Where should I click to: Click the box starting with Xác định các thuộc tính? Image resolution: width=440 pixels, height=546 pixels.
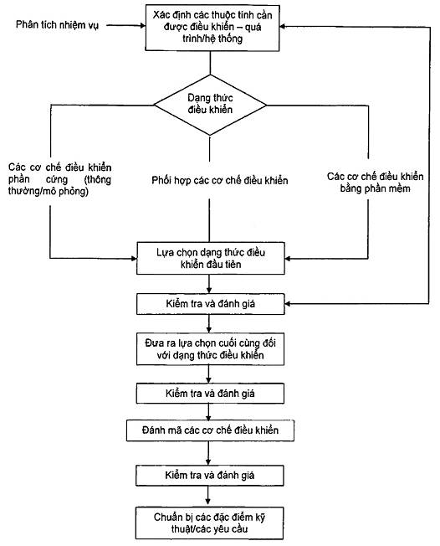(x=212, y=28)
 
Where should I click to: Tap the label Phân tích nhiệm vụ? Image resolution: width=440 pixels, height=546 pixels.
(x=58, y=25)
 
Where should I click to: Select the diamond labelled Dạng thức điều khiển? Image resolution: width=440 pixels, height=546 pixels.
(x=210, y=105)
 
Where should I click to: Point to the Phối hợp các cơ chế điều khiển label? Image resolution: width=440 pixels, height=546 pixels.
(x=220, y=180)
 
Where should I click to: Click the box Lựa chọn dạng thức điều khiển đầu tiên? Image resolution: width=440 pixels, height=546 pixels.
(x=211, y=258)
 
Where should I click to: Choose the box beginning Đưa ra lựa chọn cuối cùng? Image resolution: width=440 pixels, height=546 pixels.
(x=210, y=349)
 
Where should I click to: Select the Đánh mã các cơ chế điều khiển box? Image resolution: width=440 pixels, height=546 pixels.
(x=210, y=430)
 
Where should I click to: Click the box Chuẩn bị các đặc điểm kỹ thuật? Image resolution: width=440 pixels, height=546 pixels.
(x=209, y=523)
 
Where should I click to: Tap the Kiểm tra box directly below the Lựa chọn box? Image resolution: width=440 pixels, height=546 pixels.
(x=211, y=304)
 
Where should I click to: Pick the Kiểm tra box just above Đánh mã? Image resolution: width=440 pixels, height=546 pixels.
(x=210, y=394)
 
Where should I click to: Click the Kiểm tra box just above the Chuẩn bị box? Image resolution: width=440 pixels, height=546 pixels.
(x=210, y=476)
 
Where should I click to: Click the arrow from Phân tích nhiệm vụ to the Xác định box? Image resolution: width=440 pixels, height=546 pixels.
(x=126, y=25)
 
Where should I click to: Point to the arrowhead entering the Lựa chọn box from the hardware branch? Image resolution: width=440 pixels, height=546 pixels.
(x=134, y=258)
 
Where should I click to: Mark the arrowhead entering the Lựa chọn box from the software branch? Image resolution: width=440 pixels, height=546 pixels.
(x=288, y=259)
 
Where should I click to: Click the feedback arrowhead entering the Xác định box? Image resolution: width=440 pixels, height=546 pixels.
(x=283, y=27)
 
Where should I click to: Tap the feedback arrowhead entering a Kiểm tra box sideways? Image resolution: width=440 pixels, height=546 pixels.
(x=288, y=304)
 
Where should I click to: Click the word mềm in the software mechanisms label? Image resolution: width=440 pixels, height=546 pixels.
(x=401, y=188)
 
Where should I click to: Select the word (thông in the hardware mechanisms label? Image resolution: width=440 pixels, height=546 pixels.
(x=98, y=180)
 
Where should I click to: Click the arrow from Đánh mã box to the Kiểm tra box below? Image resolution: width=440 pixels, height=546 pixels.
(x=208, y=453)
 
